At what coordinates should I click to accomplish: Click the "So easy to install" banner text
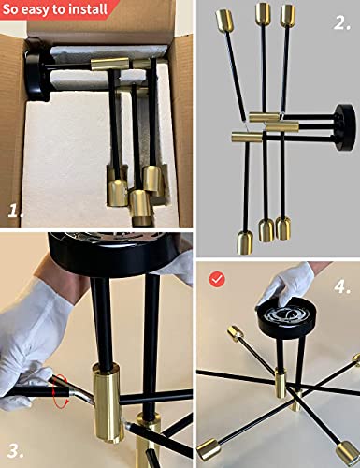coord(55,8)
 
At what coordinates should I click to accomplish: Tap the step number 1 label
coord(16,211)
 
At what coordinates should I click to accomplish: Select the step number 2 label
coord(341,22)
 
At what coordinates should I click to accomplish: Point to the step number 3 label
coord(16,451)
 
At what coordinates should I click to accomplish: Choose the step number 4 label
coord(342,286)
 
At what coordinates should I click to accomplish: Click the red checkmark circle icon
coord(218,279)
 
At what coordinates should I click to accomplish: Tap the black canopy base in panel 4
coord(285,320)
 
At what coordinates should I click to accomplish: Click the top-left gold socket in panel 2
coord(224,21)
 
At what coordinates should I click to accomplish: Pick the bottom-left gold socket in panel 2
coord(245,242)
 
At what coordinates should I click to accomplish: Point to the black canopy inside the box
coord(36,69)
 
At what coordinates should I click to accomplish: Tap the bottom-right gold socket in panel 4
coord(347,452)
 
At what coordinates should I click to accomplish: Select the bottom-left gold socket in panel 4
coord(207,449)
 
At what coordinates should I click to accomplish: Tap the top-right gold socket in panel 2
coord(287,16)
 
